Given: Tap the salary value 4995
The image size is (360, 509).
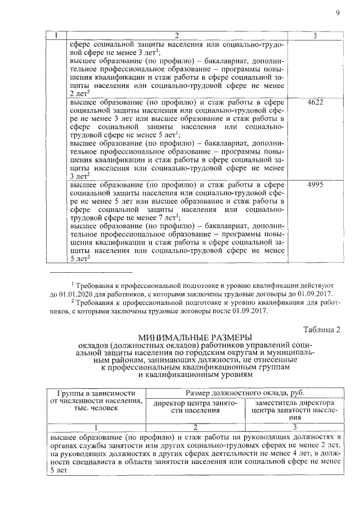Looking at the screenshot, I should coord(316,185).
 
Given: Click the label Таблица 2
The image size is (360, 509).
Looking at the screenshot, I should coord(322,330).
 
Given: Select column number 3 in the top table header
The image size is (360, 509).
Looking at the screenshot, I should coord(316,36).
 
